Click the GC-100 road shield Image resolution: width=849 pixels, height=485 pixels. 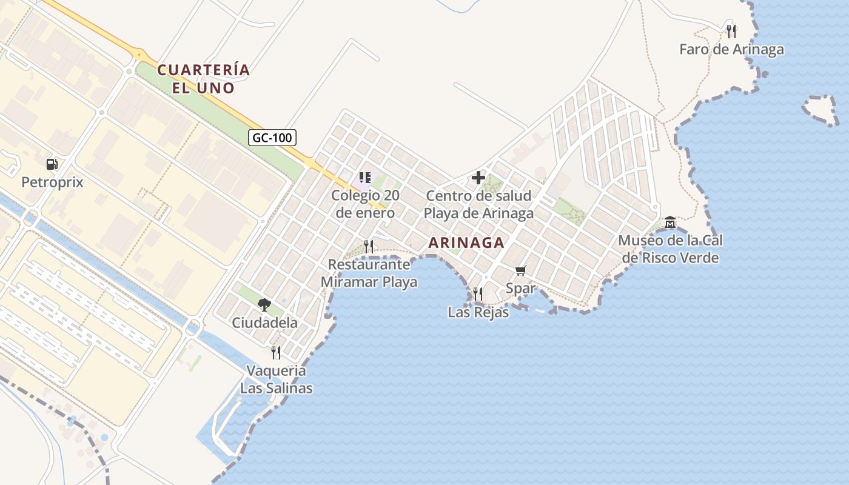click(x=272, y=138)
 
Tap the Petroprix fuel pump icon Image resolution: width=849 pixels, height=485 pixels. click(x=52, y=164)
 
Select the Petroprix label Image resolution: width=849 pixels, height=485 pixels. click(x=52, y=182)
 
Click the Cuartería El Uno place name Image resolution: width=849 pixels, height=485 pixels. click(x=204, y=79)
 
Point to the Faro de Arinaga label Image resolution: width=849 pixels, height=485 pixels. click(x=731, y=49)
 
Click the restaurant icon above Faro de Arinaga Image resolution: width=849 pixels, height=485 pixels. click(x=731, y=30)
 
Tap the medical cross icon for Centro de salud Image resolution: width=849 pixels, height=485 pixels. click(x=478, y=178)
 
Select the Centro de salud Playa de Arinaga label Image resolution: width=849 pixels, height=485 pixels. click(x=478, y=205)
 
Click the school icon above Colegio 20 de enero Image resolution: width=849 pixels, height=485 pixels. click(x=364, y=178)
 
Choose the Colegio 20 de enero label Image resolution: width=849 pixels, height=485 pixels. click(x=364, y=204)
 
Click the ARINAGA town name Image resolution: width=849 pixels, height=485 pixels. click(x=466, y=243)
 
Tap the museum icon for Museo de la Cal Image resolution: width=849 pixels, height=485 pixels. click(x=670, y=222)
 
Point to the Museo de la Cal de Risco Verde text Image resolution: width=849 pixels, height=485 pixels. click(x=670, y=249)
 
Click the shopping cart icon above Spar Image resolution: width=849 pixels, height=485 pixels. click(x=520, y=270)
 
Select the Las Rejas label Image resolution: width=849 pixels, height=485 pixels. click(x=478, y=312)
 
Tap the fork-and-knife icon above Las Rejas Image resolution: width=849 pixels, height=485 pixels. click(x=478, y=294)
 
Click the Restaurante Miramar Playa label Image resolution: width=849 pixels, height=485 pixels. click(x=369, y=273)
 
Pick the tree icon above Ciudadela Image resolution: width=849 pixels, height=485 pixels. click(x=264, y=304)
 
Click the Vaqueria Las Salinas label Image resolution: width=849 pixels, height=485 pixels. click(x=277, y=379)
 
